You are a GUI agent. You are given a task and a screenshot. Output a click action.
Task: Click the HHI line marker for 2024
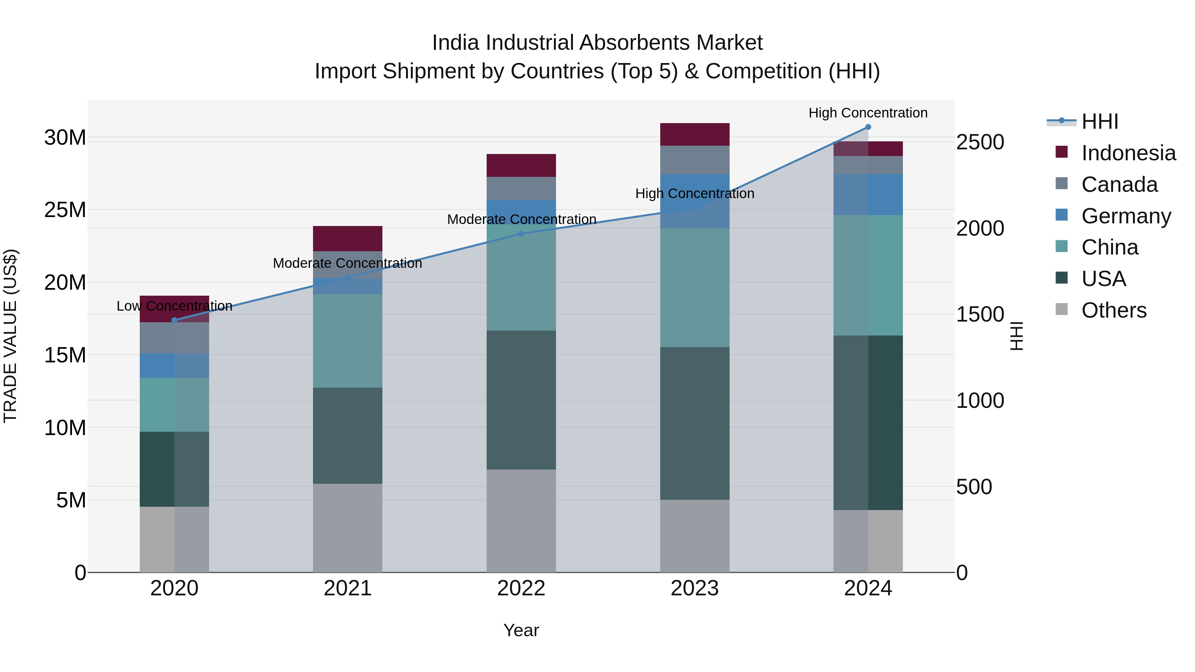(868, 127)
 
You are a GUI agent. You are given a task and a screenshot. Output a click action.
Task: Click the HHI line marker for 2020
(174, 320)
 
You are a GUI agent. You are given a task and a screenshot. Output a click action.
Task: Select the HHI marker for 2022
(521, 234)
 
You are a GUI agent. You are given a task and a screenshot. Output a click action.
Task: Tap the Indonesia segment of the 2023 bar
(694, 134)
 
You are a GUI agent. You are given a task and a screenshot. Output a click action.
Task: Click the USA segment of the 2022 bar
(521, 400)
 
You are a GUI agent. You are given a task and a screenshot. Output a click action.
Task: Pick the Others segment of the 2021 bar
(348, 528)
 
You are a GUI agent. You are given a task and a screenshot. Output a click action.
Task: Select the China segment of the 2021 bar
(348, 341)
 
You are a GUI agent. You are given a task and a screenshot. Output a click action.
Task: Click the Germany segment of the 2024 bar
(868, 194)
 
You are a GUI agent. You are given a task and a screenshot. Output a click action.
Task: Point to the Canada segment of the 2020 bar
(174, 337)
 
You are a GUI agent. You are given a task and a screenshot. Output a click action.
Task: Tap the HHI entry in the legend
(1099, 121)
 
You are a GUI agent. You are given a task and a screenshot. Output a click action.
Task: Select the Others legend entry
(1113, 310)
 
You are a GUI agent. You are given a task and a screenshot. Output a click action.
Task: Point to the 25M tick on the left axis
(65, 210)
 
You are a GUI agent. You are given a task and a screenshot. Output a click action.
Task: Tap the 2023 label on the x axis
(694, 588)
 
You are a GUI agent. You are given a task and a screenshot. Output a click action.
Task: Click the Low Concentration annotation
(174, 306)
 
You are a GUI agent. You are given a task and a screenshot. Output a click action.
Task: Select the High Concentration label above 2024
(868, 113)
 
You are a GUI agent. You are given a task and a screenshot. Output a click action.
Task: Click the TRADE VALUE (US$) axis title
(10, 336)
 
